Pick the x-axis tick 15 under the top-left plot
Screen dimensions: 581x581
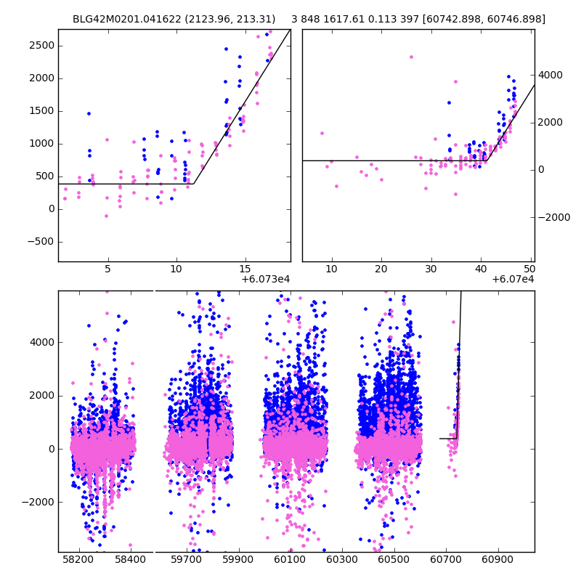click(x=245, y=269)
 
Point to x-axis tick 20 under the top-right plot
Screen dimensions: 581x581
click(x=381, y=269)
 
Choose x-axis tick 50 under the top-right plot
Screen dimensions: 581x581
click(x=530, y=269)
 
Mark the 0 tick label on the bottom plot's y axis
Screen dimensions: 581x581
click(x=50, y=449)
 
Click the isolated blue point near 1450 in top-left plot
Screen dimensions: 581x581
click(x=89, y=113)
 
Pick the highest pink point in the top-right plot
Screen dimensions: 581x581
click(x=411, y=57)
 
